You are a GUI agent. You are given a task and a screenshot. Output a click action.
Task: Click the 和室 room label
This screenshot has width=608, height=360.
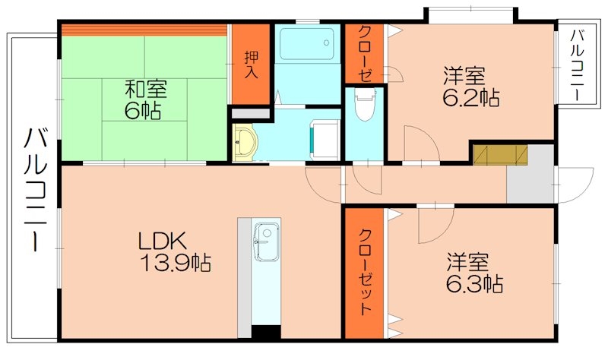146,88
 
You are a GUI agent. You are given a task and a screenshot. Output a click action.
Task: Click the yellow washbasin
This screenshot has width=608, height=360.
246,141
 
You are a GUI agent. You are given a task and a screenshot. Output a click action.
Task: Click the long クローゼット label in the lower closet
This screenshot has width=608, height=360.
365,271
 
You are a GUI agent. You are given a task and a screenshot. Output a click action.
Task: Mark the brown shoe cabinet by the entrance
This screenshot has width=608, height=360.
499,153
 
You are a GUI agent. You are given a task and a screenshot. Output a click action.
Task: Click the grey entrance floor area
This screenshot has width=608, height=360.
532,178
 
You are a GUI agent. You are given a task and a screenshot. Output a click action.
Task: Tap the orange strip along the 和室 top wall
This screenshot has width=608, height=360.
144,30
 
